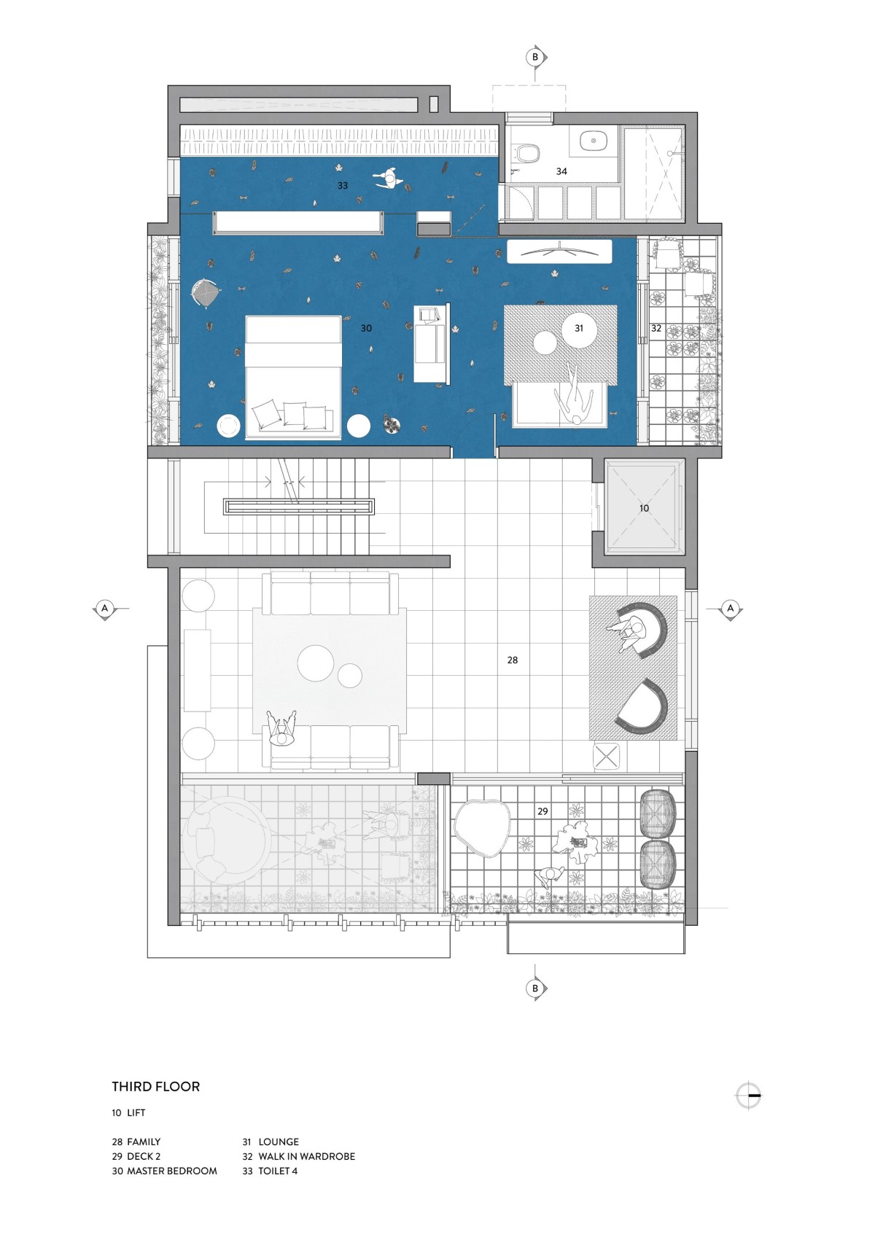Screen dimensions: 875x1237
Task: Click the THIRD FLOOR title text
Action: (156, 1087)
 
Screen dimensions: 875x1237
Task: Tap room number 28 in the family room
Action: (513, 660)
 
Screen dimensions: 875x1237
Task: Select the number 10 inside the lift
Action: (644, 508)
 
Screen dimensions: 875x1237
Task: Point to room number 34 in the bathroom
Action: (561, 172)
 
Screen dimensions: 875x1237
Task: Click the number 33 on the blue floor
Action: (343, 186)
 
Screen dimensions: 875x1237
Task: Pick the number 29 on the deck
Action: (543, 811)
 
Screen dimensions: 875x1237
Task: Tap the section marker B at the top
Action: (535, 57)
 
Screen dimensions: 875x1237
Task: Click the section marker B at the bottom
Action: (535, 988)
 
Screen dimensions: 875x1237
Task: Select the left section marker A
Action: (105, 609)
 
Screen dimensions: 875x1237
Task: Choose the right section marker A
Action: (731, 609)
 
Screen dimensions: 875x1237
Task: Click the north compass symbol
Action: (749, 1095)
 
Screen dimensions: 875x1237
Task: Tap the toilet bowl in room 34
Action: (526, 153)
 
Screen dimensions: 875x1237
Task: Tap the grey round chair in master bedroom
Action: (205, 291)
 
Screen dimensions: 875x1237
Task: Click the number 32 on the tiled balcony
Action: (656, 329)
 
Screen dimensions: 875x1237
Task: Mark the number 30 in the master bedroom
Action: (366, 329)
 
